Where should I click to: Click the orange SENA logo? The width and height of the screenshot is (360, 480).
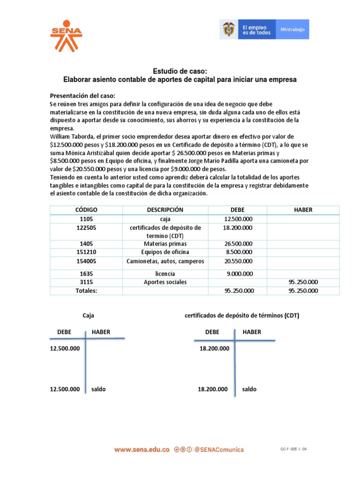[x=66, y=36]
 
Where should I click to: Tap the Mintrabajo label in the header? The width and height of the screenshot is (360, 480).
[x=292, y=30]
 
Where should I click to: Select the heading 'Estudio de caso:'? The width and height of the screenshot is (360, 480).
[x=180, y=71]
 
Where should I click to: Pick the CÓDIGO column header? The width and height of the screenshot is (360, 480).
[x=86, y=210]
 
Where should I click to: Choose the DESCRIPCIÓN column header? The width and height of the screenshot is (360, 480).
[x=165, y=210]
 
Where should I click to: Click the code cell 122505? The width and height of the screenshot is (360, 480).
[x=86, y=227]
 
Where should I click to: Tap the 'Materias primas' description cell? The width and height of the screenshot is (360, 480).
[x=165, y=244]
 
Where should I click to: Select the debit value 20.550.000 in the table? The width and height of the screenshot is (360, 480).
[x=238, y=261]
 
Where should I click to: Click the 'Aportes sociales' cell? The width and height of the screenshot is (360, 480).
[x=165, y=282]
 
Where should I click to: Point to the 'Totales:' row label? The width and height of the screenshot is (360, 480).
[x=86, y=291]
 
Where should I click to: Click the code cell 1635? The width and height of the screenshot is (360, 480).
[x=86, y=273]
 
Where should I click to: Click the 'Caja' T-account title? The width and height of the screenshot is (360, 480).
[x=88, y=315]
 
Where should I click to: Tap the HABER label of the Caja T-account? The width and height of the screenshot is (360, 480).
[x=101, y=332]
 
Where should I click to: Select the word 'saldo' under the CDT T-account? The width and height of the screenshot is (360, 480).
[x=249, y=389]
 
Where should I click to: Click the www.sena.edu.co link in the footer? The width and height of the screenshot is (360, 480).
[x=142, y=450]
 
